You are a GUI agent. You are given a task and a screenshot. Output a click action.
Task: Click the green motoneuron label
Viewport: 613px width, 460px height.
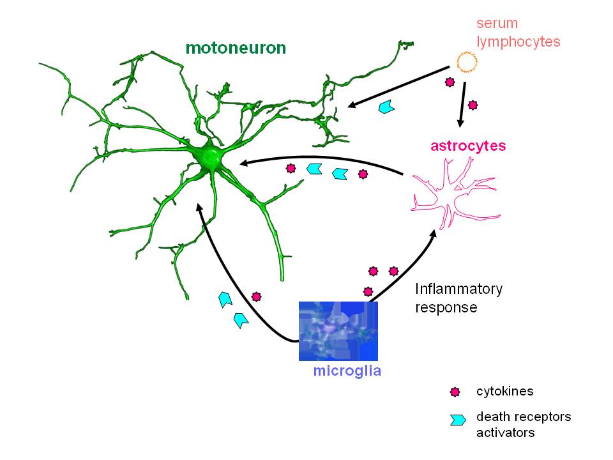click(236, 48)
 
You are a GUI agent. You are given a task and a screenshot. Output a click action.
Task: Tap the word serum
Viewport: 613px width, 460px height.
click(497, 24)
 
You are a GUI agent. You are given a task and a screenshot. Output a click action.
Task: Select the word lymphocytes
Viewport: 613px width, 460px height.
click(518, 42)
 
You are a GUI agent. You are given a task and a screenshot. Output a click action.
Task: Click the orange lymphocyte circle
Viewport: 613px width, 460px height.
click(467, 62)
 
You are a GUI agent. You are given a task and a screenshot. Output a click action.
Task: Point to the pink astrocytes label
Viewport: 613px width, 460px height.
click(468, 146)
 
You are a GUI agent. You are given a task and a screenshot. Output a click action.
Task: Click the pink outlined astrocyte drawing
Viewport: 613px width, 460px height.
click(456, 194)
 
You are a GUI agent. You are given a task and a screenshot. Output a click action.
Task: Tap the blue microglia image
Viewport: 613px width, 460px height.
click(338, 331)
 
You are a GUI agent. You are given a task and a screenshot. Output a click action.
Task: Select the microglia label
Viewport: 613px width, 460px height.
click(347, 371)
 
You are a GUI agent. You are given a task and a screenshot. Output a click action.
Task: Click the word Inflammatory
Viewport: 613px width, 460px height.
click(458, 289)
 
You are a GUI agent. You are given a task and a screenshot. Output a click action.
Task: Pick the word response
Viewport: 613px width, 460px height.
click(446, 308)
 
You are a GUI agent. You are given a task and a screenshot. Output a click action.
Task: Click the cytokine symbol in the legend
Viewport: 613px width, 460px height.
click(455, 392)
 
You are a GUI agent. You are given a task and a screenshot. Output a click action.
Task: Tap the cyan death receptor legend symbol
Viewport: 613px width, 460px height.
click(458, 420)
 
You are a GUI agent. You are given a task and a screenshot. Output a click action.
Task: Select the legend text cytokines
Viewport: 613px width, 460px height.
click(504, 391)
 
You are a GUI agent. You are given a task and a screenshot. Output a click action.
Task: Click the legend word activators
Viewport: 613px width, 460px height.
click(506, 433)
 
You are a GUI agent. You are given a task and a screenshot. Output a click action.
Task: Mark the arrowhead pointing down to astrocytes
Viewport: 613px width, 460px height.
click(460, 123)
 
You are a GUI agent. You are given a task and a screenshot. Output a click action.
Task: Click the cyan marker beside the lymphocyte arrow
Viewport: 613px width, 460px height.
click(387, 107)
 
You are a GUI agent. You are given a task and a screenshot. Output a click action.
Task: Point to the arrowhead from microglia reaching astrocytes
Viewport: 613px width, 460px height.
click(433, 234)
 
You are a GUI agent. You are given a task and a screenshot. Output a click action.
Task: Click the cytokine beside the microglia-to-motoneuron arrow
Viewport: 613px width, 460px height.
click(256, 297)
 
